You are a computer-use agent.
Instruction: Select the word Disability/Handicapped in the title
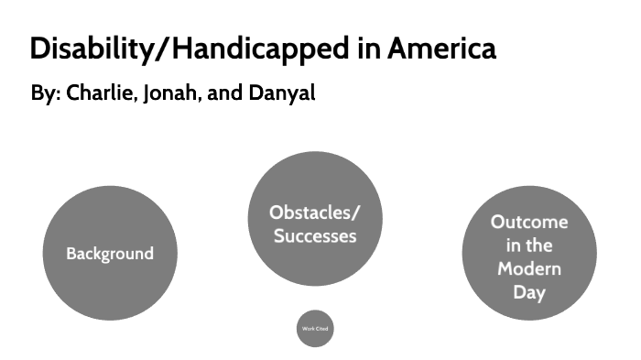190,49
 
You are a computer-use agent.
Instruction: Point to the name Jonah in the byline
170,94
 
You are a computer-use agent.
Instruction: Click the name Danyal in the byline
279,94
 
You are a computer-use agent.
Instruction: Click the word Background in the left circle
109,254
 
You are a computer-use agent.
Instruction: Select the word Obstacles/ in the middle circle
314,213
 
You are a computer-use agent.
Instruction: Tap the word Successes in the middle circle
314,235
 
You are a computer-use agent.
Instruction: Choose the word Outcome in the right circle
529,222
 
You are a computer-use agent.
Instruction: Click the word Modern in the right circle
529,269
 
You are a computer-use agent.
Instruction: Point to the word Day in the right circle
529,293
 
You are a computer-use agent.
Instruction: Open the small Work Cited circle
315,329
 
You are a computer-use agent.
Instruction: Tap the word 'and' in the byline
223,94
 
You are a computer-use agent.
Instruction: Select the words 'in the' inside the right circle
529,245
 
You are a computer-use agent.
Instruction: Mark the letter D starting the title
39,49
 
